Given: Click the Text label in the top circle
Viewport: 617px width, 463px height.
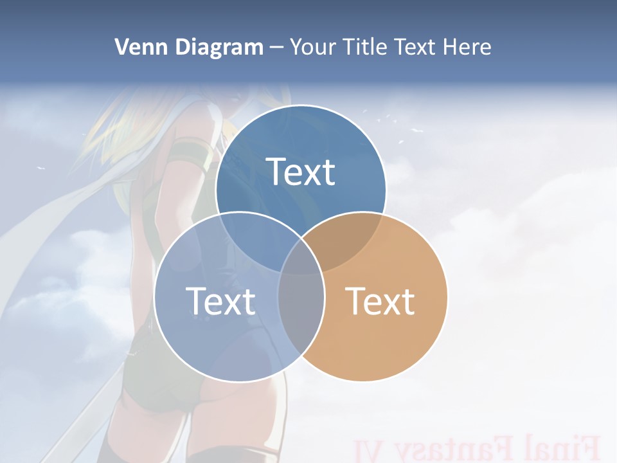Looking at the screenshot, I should coord(301,172).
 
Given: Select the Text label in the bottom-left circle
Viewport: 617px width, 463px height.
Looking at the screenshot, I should coord(220,300).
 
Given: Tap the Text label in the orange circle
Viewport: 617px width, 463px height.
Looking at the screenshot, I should coord(380,300).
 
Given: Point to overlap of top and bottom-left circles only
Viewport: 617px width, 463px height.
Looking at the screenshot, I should coord(254,241).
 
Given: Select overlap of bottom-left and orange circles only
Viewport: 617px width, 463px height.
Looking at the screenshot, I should coord(301,309).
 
